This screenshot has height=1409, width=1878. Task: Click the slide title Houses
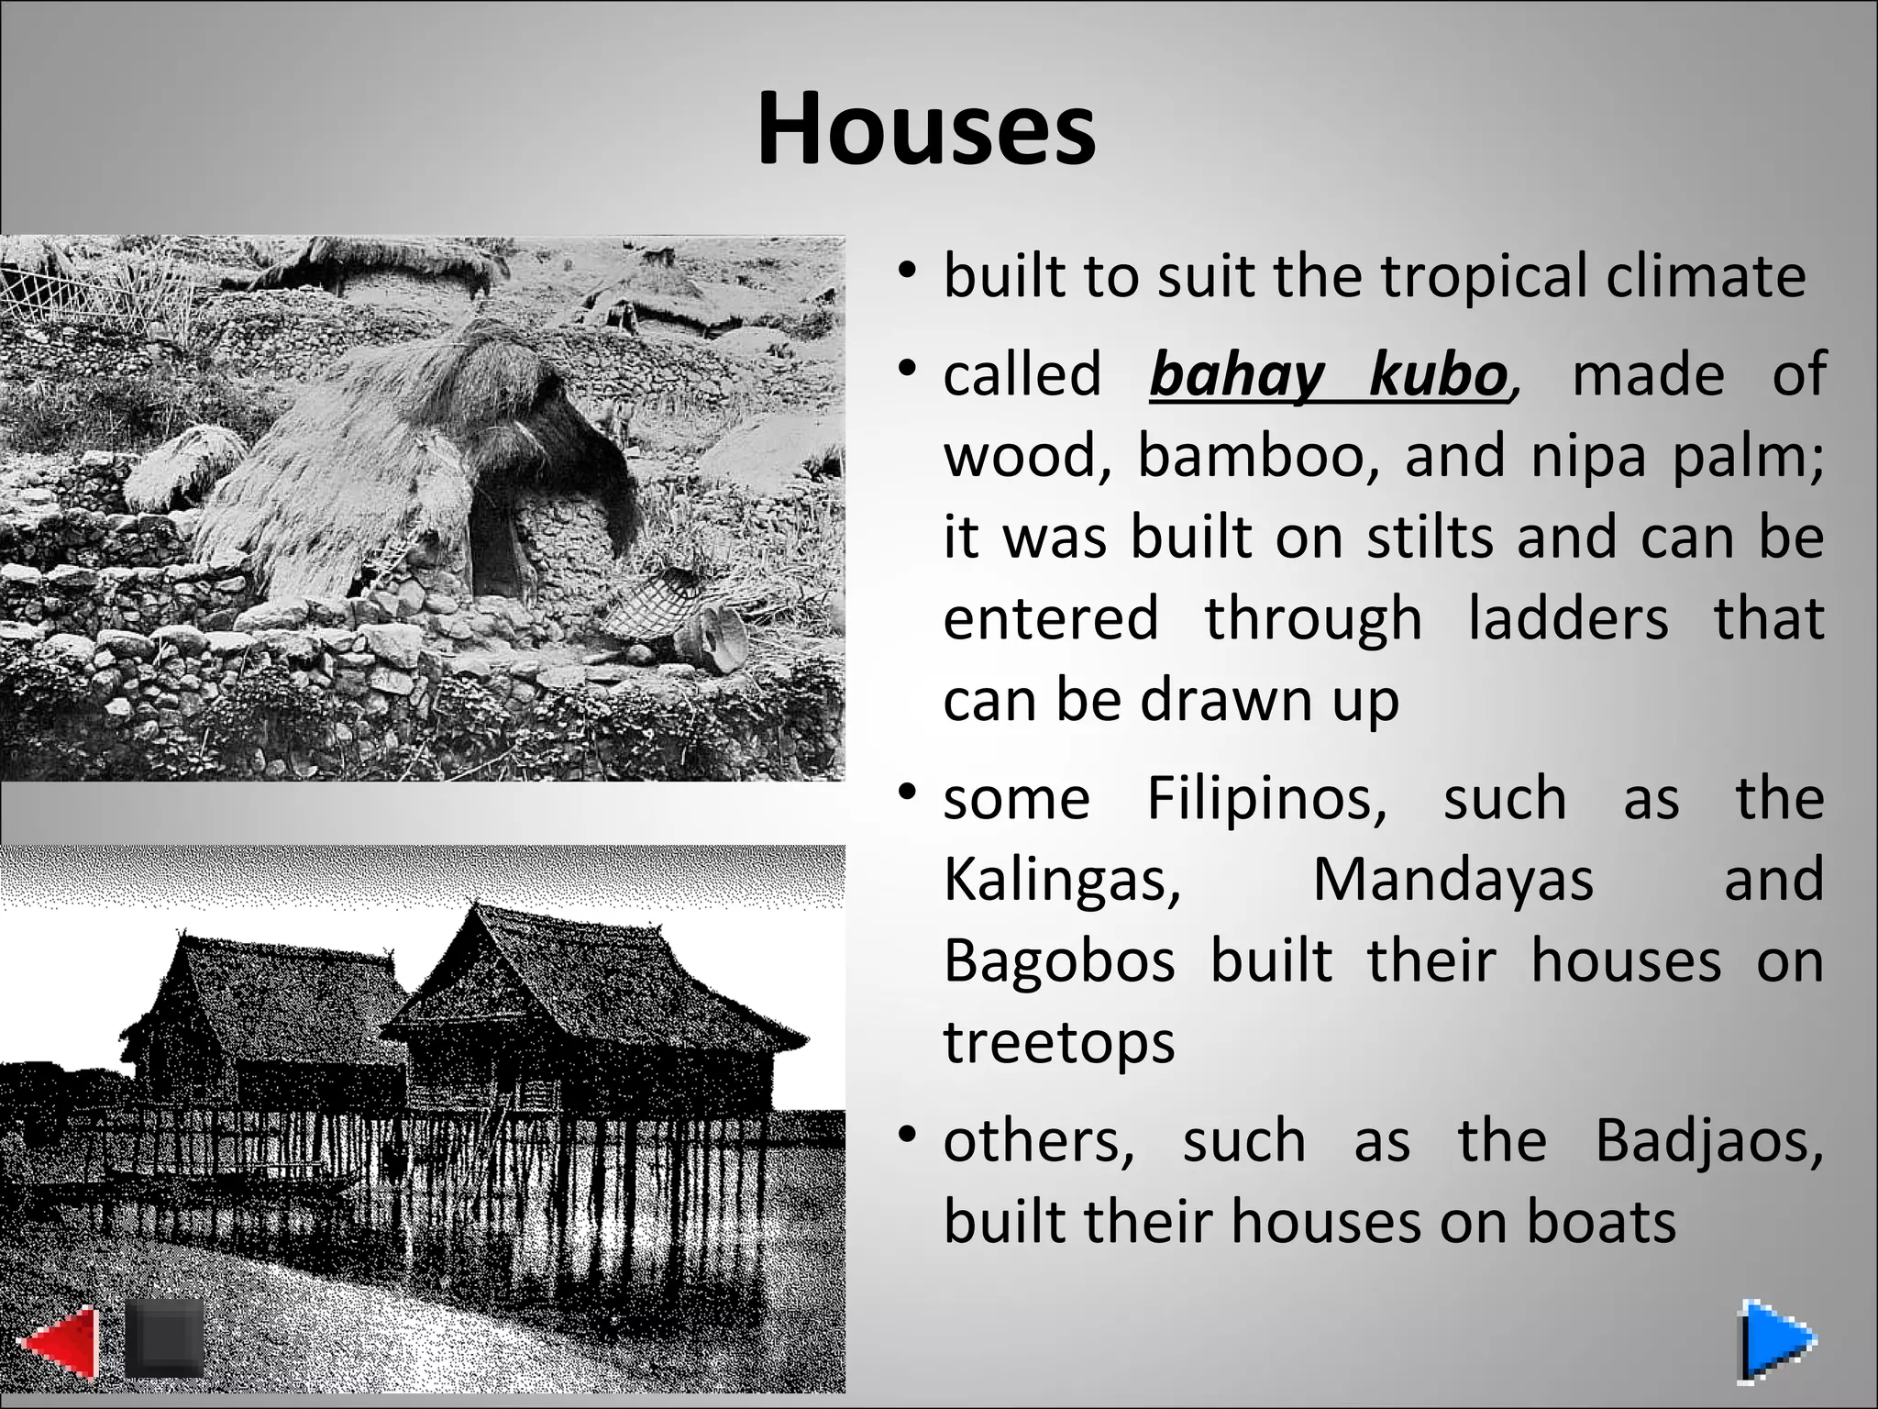[926, 129]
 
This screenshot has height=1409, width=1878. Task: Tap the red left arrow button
[59, 1345]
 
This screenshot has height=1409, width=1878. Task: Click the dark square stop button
[163, 1337]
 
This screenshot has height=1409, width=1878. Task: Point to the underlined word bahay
[1236, 376]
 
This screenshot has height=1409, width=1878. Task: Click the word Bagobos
[1059, 961]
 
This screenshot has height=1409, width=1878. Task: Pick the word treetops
[1058, 1043]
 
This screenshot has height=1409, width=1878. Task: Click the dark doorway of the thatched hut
[495, 550]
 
